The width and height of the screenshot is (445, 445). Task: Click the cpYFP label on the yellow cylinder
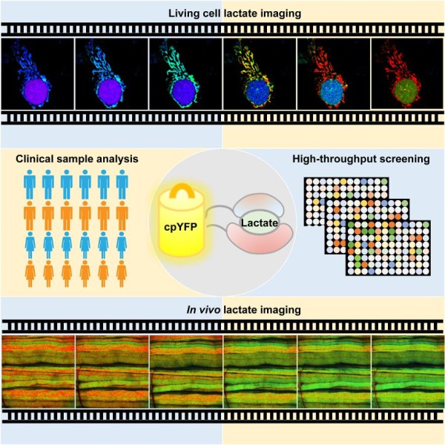coord(180,227)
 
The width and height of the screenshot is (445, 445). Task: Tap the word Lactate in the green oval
coord(260,222)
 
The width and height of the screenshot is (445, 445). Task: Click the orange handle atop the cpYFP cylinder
coord(182,191)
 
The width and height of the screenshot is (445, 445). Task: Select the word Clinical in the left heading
coord(35,159)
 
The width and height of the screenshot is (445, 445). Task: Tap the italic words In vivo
coord(203,309)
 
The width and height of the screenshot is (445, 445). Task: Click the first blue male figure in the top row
coord(30,185)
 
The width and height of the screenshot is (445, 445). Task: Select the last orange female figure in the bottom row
coord(122,274)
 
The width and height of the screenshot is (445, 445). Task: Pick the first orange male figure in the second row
coord(30,215)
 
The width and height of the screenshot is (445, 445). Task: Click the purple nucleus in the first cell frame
coord(36,91)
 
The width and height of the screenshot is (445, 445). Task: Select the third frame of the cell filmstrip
coord(185,73)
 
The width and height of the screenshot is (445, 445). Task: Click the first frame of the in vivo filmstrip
coord(39,372)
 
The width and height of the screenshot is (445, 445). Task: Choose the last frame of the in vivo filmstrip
coord(407,372)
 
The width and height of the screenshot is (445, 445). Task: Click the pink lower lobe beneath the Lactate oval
coord(260,238)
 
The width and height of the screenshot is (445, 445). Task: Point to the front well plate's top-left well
coord(351,224)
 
